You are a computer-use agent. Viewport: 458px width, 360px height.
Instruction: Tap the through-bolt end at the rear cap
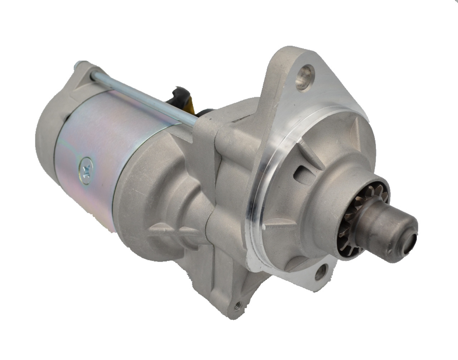click(77, 66)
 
